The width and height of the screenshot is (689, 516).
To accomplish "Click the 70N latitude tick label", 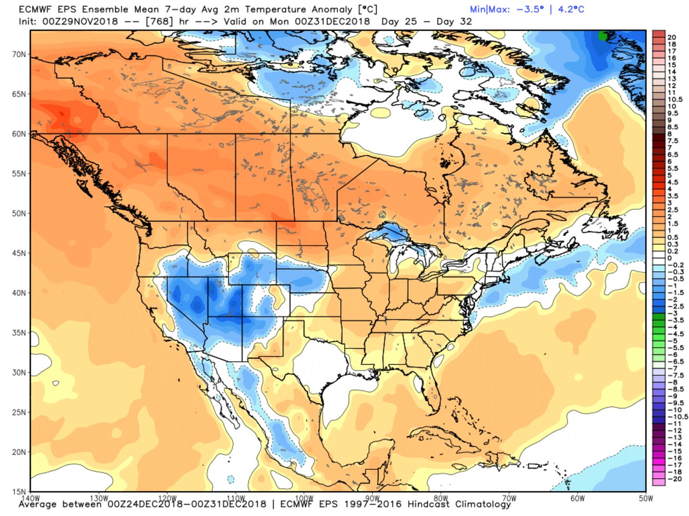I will point(19,54).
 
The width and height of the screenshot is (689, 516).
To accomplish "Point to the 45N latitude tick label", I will point(19,253).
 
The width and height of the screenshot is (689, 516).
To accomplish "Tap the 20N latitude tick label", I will point(19,452).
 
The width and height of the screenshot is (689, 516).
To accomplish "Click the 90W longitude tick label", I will point(372,498).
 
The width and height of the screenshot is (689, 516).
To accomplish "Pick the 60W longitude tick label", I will point(578,498).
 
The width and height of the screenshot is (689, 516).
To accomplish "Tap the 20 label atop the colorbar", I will point(671,37).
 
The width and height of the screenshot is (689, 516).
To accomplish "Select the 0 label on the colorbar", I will point(669,258).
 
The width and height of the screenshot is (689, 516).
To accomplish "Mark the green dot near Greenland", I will point(603,36).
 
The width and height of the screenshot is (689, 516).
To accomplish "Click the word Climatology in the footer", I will point(483,505).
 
